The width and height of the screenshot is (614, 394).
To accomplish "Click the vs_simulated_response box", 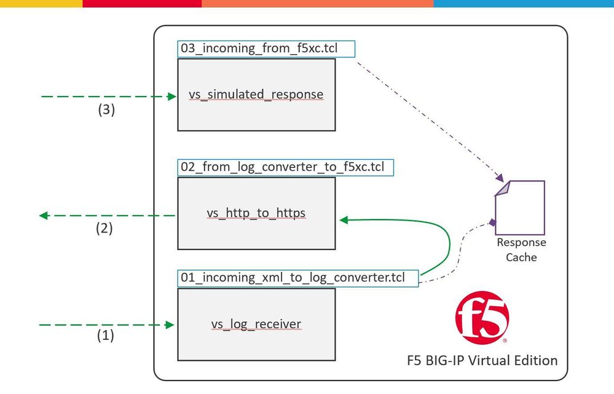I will pyautogui.click(x=256, y=95).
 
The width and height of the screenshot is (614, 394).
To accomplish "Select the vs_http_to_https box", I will pyautogui.click(x=256, y=213).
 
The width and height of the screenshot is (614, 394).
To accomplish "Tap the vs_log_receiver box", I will pyautogui.click(x=256, y=324).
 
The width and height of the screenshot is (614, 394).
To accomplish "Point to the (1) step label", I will pyautogui.click(x=106, y=336).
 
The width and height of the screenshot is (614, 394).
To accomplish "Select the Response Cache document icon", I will pyautogui.click(x=521, y=207).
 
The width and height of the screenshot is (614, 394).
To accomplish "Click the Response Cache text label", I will pyautogui.click(x=521, y=250).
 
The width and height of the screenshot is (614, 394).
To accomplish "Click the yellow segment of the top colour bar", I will pyautogui.click(x=41, y=3).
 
